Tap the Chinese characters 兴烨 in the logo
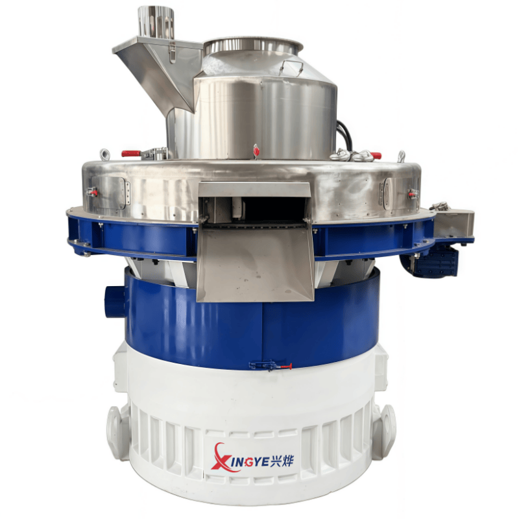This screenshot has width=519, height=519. click(282, 460)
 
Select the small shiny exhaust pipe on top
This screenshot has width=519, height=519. click(156, 22)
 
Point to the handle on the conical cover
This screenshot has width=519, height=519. click(291, 68)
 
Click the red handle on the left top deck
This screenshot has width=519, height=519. click(131, 154)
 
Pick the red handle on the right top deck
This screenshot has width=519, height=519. click(376, 155)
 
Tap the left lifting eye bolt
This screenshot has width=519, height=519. click(104, 154)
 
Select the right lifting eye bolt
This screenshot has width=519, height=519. click(401, 156)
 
